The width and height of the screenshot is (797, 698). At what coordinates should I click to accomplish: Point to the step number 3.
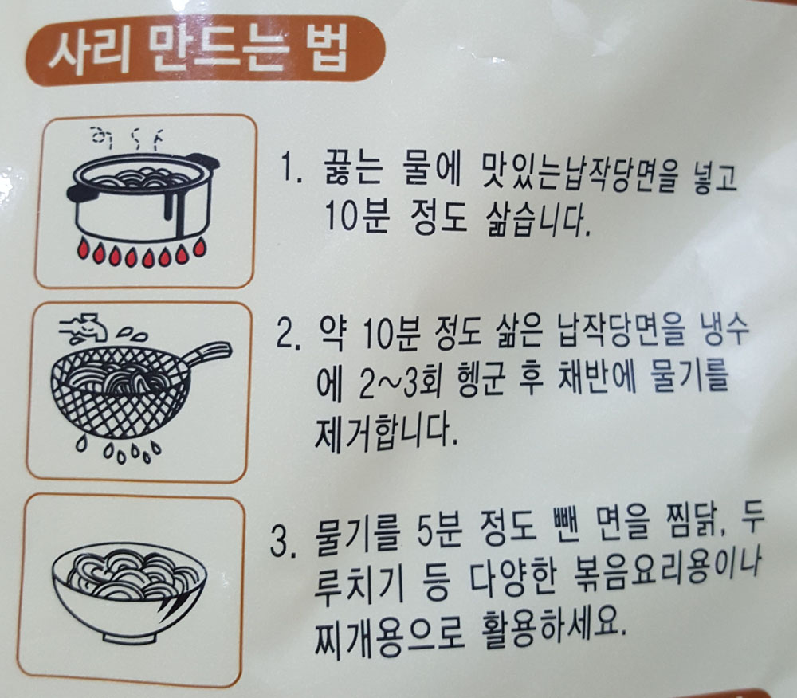[x=283, y=542]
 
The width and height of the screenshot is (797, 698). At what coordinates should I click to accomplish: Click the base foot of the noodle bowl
[x=128, y=637]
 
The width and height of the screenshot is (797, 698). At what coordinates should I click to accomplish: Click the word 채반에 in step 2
[x=598, y=379]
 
